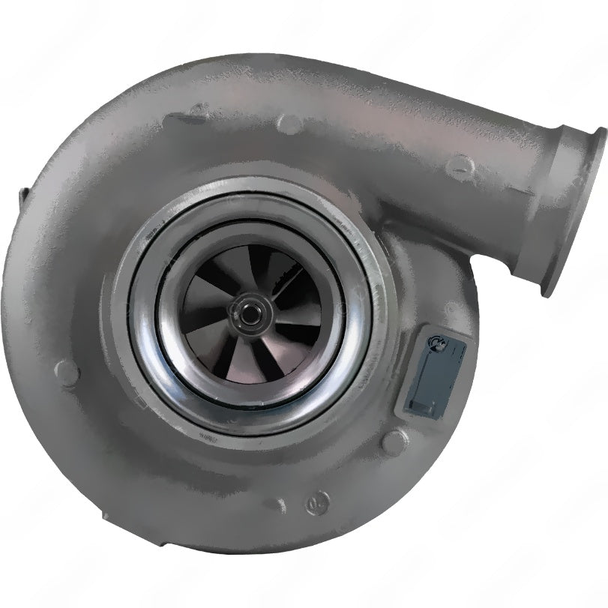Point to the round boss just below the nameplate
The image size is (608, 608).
(395, 442)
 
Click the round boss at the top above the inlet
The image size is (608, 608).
(289, 124)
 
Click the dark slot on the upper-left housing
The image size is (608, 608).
(184, 117)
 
